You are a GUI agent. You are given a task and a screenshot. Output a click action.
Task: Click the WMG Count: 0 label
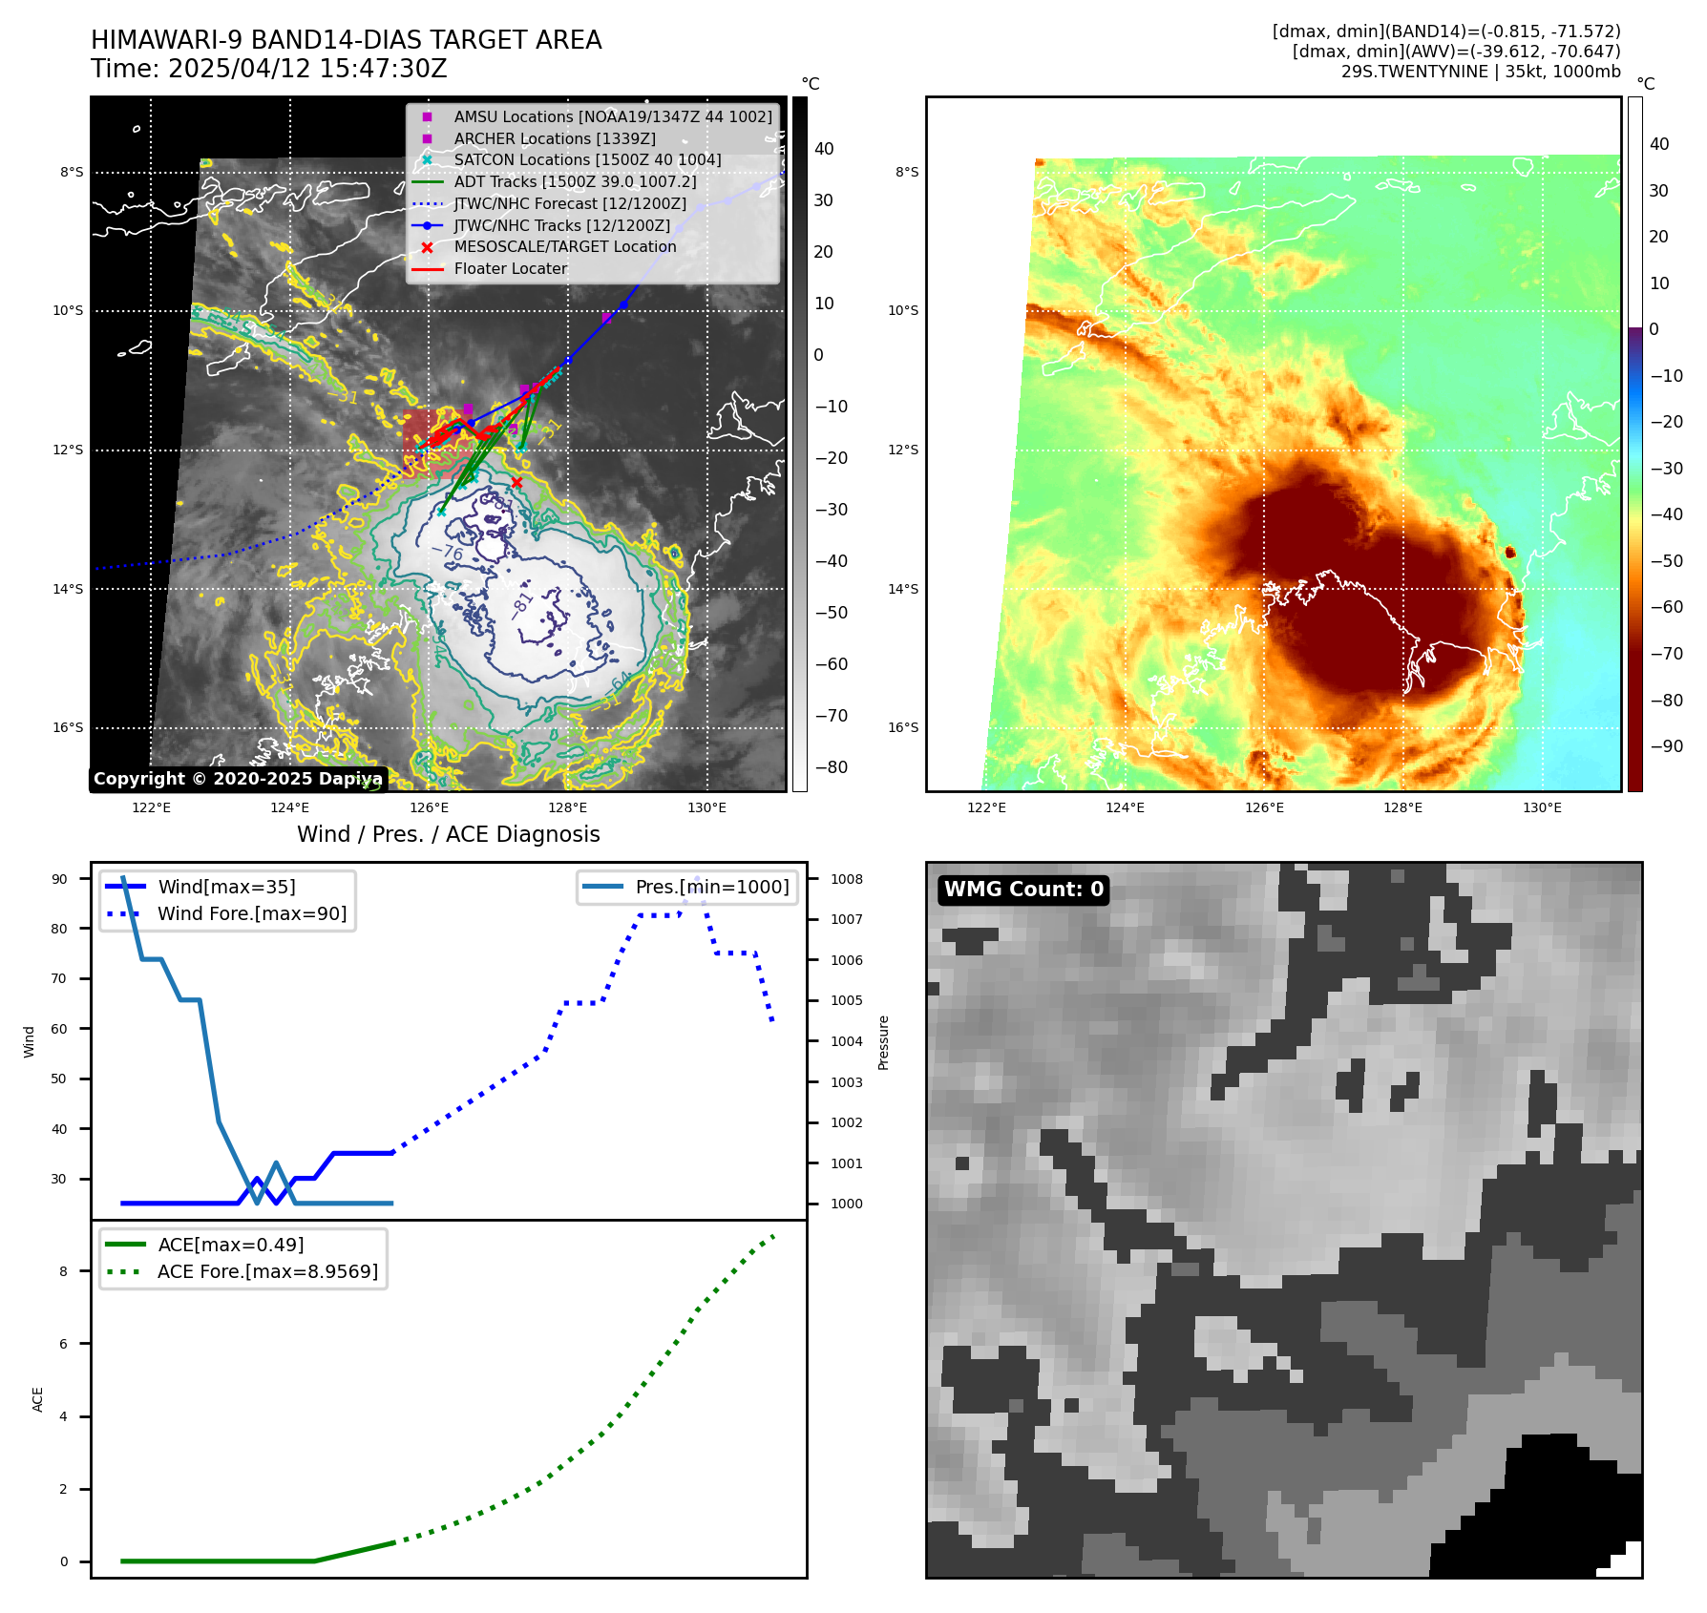[x=1023, y=890]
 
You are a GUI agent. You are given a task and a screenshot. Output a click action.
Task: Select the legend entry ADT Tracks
[x=575, y=181]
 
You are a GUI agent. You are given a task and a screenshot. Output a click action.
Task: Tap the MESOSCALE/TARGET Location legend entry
[x=564, y=246]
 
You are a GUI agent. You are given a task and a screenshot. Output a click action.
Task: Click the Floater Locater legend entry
[x=510, y=268]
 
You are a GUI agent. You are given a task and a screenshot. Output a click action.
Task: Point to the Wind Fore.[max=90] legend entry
[x=252, y=913]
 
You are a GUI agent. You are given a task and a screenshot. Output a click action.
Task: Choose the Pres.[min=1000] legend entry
[x=712, y=887]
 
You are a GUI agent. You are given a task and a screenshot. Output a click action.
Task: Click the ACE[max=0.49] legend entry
[x=231, y=1245]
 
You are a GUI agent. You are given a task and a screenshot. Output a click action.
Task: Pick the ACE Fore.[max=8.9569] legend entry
[x=267, y=1271]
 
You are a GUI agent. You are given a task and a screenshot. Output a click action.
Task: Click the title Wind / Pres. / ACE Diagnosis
[x=449, y=834]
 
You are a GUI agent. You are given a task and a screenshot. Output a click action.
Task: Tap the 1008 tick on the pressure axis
[x=846, y=879]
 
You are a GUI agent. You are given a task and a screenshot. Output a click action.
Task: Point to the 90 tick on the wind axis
[x=59, y=879]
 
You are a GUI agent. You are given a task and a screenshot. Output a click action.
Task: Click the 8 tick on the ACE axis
[x=64, y=1271]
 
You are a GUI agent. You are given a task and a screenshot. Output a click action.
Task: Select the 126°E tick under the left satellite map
[x=429, y=807]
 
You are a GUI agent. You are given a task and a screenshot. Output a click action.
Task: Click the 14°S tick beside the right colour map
[x=903, y=589]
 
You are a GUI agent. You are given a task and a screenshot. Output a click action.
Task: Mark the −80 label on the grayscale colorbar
[x=831, y=767]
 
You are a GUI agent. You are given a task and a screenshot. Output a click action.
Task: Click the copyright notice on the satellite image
[x=238, y=779]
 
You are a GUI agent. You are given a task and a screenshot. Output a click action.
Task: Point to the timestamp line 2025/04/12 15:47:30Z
[x=269, y=69]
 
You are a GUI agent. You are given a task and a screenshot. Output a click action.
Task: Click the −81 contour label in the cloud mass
[x=522, y=605]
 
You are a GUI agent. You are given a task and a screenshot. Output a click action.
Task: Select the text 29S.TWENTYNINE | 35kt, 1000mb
[x=1481, y=72]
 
